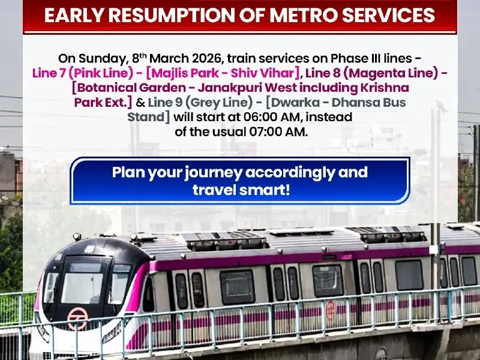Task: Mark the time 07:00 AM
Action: [x=279, y=132]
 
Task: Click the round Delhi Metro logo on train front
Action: [x=77, y=318]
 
